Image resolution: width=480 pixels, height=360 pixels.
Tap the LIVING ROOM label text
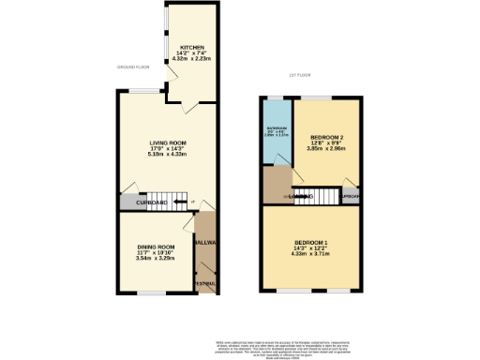coord(169,142)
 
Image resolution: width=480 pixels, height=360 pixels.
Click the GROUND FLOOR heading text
coord(134,67)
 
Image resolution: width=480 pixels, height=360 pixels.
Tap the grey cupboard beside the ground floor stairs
coord(132,202)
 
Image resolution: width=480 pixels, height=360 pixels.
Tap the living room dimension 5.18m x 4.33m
coord(169,155)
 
